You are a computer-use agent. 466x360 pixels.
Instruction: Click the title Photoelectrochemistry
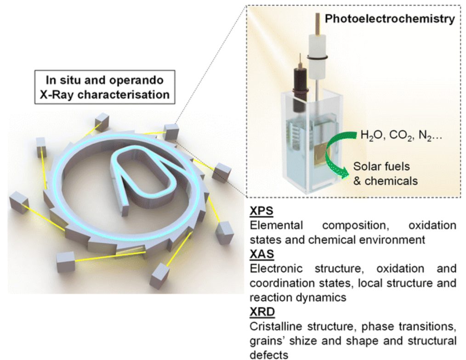tap(390, 19)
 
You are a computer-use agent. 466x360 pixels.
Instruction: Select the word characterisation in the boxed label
tap(135, 95)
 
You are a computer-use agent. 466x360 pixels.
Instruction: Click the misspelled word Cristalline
tap(274, 327)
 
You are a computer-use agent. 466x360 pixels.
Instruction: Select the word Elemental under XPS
tap(276, 226)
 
